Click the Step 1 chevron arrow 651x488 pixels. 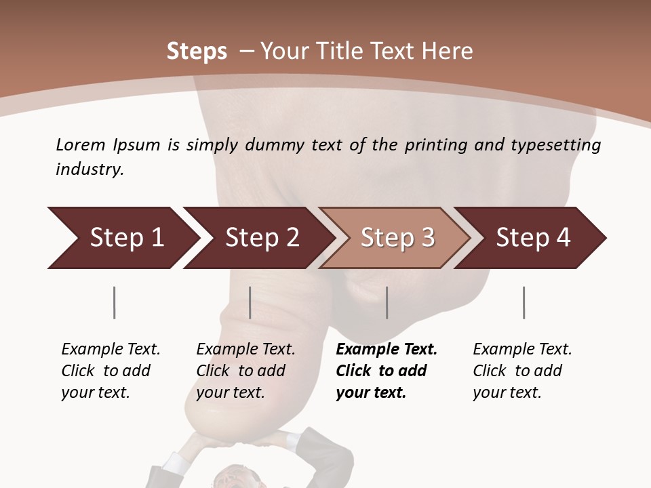click(122, 238)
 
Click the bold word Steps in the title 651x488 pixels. click(197, 52)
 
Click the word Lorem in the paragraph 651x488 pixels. click(81, 144)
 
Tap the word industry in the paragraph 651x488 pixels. click(90, 169)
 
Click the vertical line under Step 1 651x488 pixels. click(114, 302)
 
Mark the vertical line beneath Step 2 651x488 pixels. click(250, 302)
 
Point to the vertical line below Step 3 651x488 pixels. click(387, 302)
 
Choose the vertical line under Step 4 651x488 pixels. click(524, 302)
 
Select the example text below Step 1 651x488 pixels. click(111, 371)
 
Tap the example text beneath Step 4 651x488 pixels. click(521, 371)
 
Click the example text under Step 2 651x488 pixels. click(245, 371)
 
